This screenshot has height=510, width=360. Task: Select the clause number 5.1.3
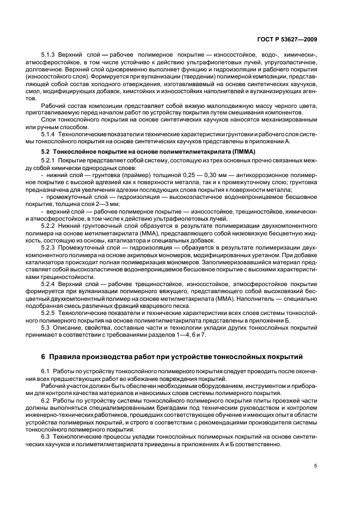[49, 56]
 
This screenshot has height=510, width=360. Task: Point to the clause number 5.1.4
[49, 133]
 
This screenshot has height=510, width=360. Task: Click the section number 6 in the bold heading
[44, 357]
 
